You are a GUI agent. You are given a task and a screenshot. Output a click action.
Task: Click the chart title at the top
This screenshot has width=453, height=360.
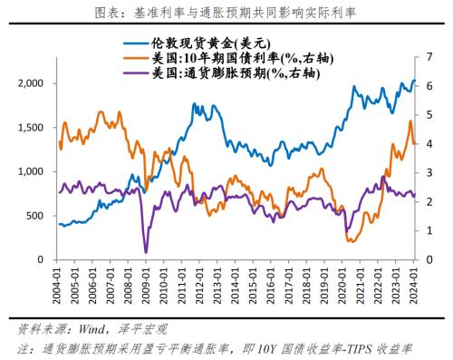tap(226, 12)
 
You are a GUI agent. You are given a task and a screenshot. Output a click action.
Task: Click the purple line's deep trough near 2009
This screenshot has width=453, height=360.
tap(146, 252)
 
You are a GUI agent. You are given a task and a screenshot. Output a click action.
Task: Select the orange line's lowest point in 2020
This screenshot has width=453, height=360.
tap(351, 240)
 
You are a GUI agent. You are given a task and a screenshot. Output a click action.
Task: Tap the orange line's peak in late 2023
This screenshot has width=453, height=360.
tap(410, 121)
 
